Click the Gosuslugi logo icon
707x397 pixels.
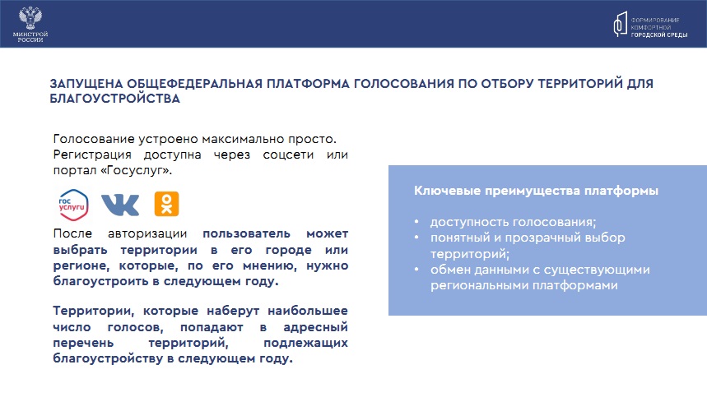[x=73, y=205]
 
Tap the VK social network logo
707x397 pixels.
[x=120, y=205]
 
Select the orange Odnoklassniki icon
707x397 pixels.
[x=166, y=204]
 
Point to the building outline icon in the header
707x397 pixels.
[x=620, y=24]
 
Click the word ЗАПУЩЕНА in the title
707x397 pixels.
[x=86, y=84]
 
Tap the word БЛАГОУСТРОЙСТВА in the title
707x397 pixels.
[x=114, y=99]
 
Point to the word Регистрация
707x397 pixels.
[x=92, y=155]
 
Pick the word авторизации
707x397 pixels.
[x=147, y=234]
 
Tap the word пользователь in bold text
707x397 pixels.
[x=246, y=234]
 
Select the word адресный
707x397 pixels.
[x=315, y=327]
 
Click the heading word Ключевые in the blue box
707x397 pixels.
[x=447, y=191]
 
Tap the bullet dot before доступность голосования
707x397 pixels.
[x=416, y=222]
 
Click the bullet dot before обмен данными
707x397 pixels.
[x=416, y=270]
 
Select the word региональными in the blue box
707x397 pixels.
[x=480, y=286]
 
